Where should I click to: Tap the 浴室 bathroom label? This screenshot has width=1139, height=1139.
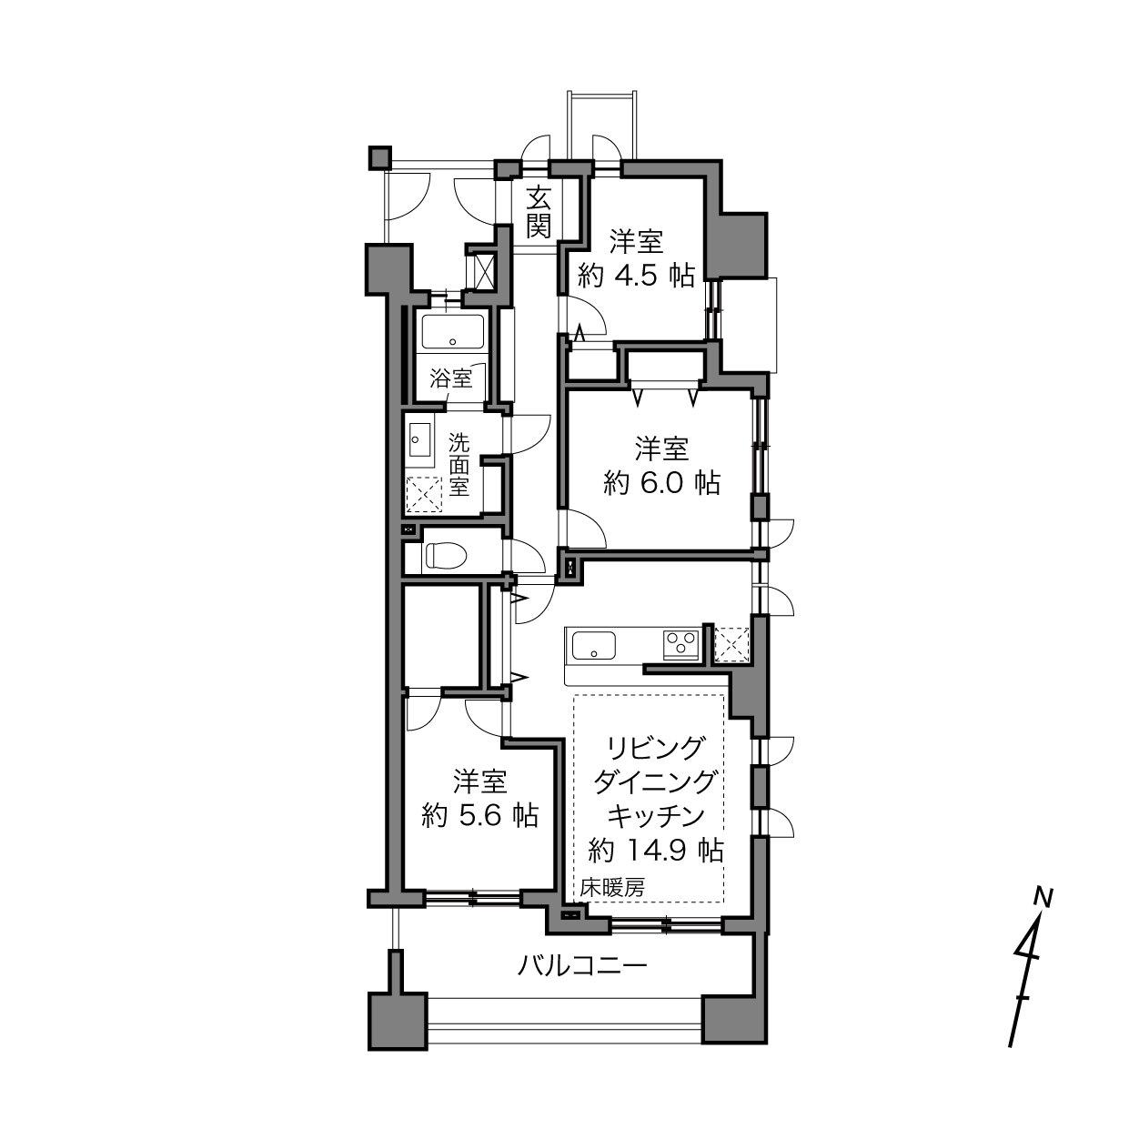click(x=451, y=378)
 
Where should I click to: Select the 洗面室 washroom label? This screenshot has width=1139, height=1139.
click(x=459, y=465)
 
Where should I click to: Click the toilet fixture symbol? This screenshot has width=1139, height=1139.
click(x=446, y=556)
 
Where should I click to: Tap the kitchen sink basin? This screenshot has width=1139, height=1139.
click(x=594, y=645)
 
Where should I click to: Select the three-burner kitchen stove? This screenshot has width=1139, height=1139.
click(x=681, y=644)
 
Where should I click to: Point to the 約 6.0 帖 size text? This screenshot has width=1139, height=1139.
click(x=661, y=483)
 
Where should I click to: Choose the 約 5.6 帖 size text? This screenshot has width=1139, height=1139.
click(x=480, y=816)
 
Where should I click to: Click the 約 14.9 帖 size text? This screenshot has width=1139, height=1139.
click(x=656, y=851)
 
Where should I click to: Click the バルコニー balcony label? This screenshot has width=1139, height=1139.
click(x=582, y=966)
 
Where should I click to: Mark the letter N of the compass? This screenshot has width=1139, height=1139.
click(x=1043, y=898)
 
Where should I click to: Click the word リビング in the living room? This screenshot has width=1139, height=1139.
click(x=656, y=749)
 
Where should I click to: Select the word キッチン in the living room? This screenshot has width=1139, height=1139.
click(x=656, y=816)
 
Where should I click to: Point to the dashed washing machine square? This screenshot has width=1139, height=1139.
click(x=424, y=495)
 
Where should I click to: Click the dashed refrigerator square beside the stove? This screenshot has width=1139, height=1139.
click(x=731, y=644)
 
